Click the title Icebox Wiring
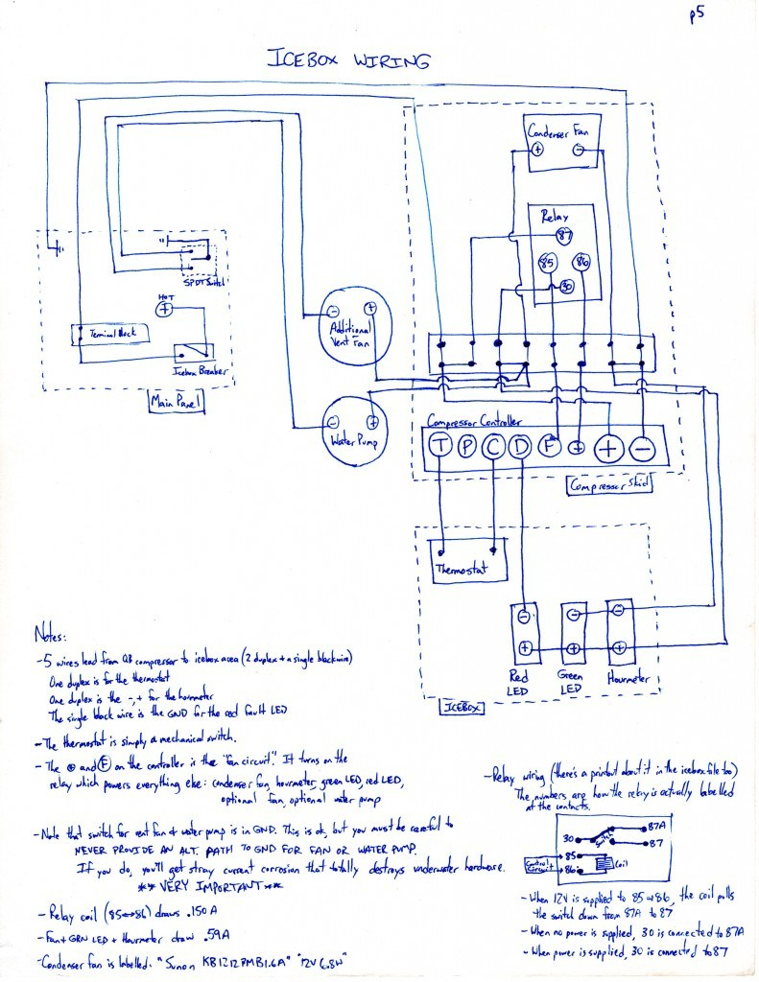coord(347,59)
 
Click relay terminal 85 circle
coord(548,261)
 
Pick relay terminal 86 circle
coord(581,261)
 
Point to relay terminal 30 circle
coord(566,287)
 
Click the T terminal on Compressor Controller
coord(439,446)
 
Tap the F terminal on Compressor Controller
coord(550,446)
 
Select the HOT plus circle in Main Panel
coord(164,309)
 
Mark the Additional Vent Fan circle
coord(348,325)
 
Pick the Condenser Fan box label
coord(559,130)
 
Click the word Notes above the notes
coord(48,635)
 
